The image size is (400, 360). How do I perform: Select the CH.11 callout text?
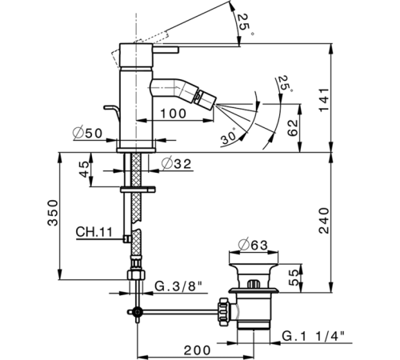point(93,234)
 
